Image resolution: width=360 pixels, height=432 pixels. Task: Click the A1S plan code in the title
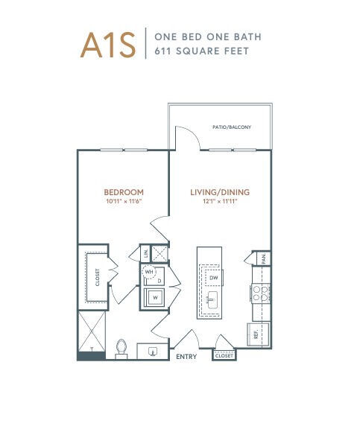pyautogui.click(x=108, y=45)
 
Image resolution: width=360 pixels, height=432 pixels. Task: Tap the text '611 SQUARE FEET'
pyautogui.click(x=202, y=51)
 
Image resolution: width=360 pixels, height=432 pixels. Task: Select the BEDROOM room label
pyautogui.click(x=124, y=192)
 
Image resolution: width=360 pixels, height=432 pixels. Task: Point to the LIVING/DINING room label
pyautogui.click(x=220, y=192)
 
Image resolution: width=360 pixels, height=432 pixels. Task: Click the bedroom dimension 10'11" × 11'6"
pyautogui.click(x=124, y=201)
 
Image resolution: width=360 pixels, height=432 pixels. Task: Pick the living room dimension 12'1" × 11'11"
pyautogui.click(x=220, y=201)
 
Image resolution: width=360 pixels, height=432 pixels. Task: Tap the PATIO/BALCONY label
pyautogui.click(x=232, y=127)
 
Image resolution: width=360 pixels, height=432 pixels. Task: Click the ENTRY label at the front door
pyautogui.click(x=186, y=357)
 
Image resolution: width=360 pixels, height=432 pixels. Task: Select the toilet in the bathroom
pyautogui.click(x=121, y=349)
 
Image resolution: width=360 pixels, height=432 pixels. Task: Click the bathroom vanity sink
pyautogui.click(x=153, y=352)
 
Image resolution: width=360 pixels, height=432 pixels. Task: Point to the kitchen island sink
pyautogui.click(x=212, y=299)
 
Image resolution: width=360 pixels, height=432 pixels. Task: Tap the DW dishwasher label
pyautogui.click(x=214, y=278)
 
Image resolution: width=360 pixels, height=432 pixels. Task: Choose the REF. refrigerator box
pyautogui.click(x=258, y=334)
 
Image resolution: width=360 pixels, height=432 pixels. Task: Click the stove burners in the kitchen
pyautogui.click(x=260, y=293)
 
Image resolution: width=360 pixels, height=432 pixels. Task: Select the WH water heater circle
pyautogui.click(x=149, y=272)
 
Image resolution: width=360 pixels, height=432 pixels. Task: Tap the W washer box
pyautogui.click(x=155, y=297)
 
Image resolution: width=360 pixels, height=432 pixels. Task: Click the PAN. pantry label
pyautogui.click(x=264, y=258)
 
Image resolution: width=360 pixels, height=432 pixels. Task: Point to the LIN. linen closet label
pyautogui.click(x=146, y=253)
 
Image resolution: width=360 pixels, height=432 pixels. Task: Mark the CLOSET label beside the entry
pyautogui.click(x=224, y=356)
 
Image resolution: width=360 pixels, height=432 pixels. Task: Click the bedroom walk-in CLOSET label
pyautogui.click(x=98, y=277)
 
